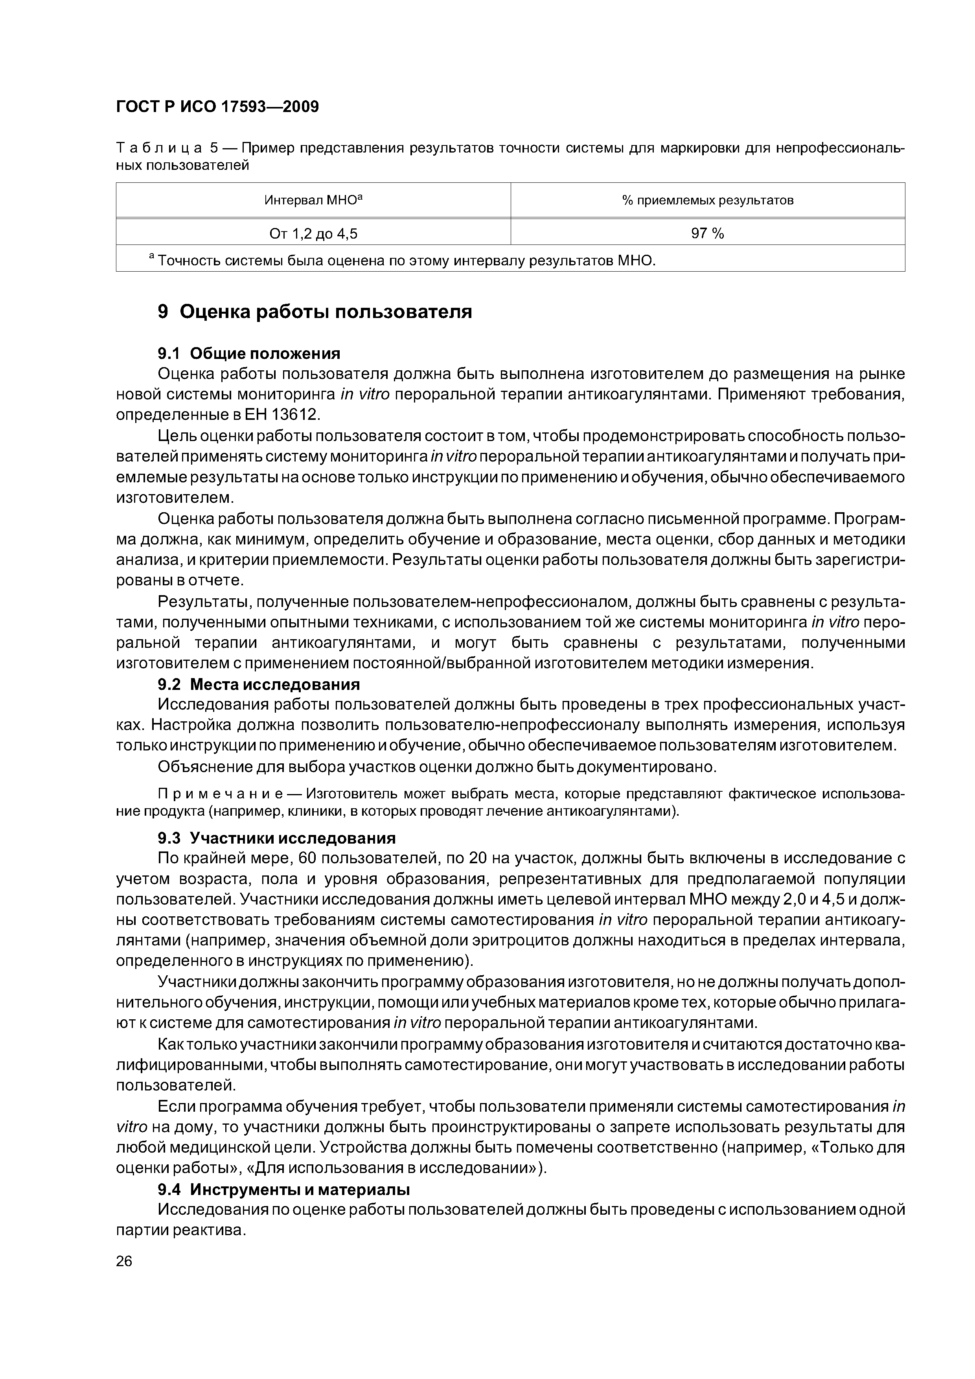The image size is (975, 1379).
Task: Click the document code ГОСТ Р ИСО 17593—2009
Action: (x=217, y=107)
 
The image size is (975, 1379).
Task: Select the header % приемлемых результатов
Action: (x=708, y=200)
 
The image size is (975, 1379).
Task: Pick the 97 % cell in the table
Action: (x=708, y=234)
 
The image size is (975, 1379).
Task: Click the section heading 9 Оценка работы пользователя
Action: (x=315, y=312)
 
